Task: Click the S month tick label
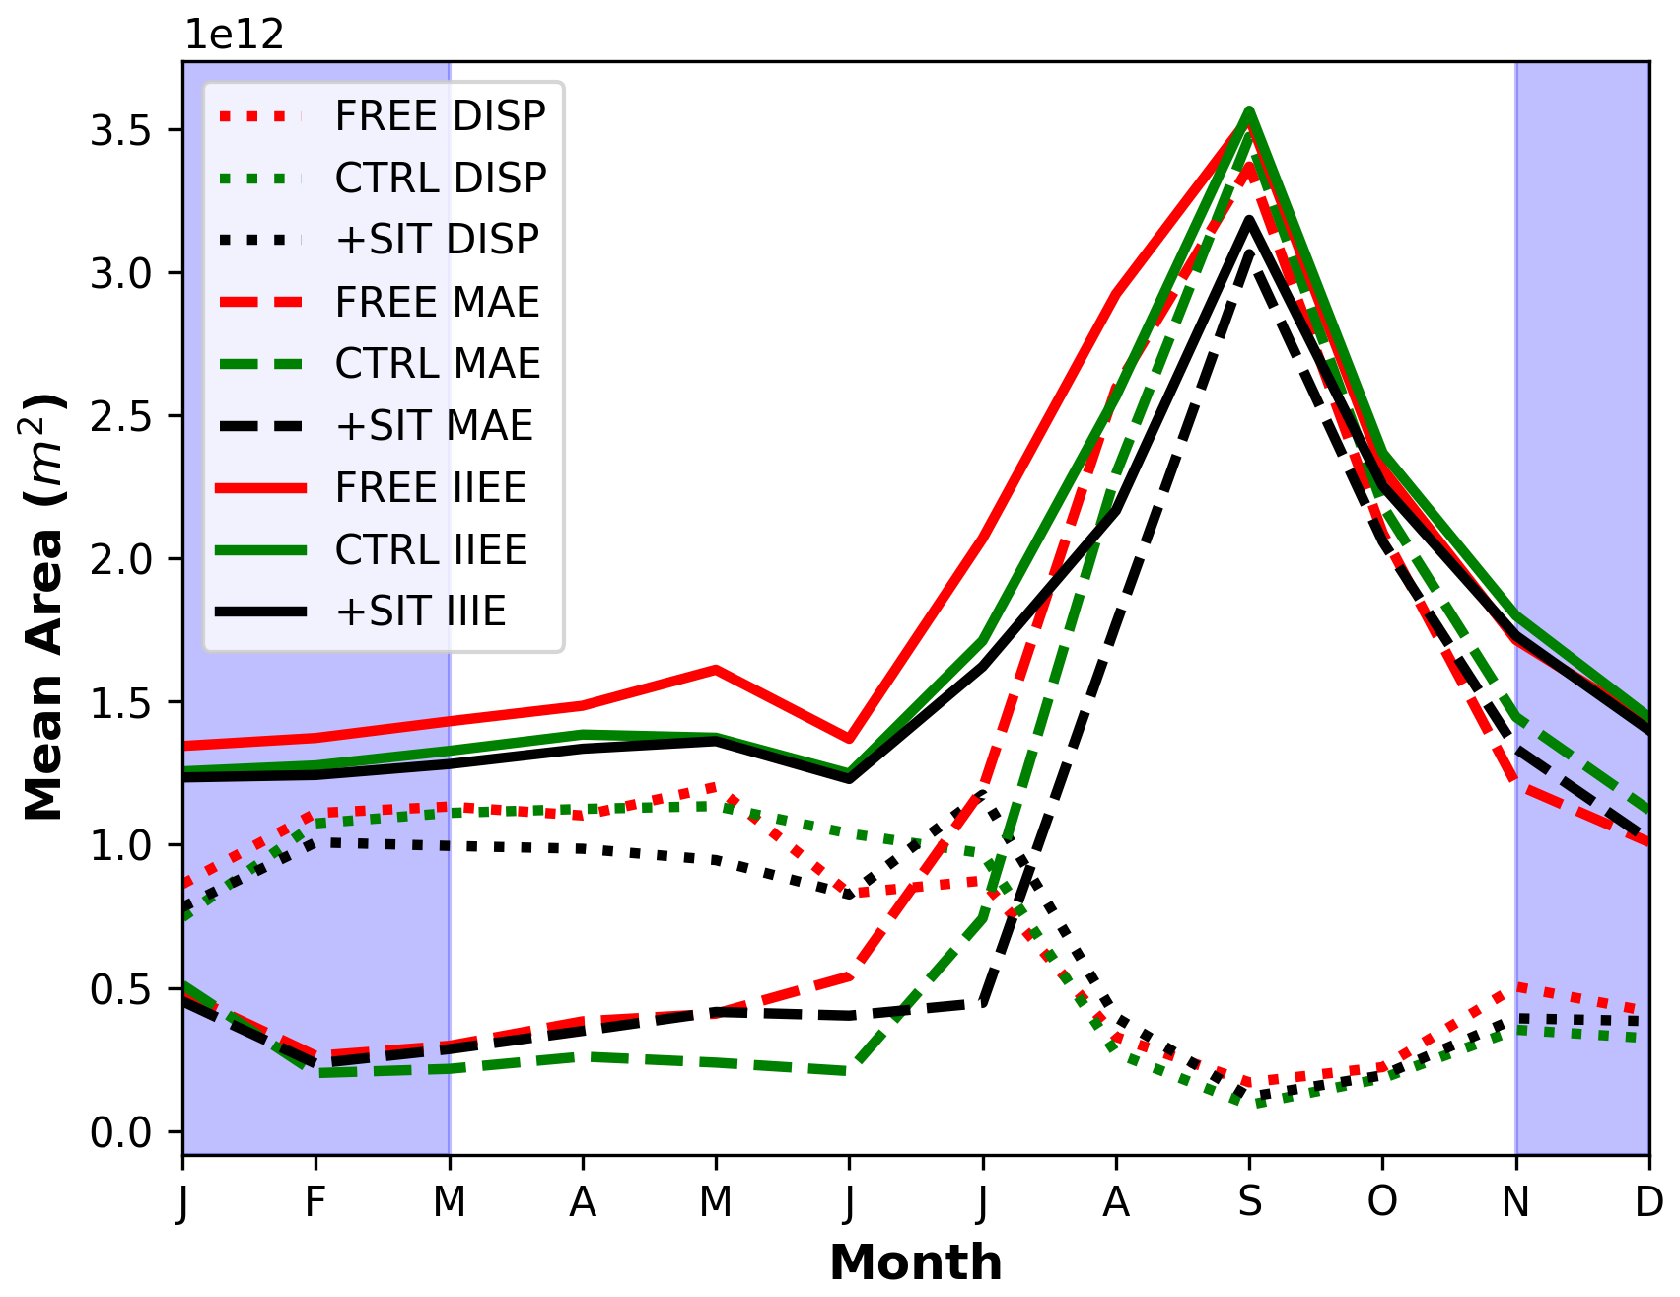click(1249, 1202)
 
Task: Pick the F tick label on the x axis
click(315, 1202)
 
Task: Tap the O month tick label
click(1382, 1202)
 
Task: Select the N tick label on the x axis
click(1515, 1202)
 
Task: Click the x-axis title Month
click(916, 1263)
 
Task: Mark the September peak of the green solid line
click(1249, 111)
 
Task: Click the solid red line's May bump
click(716, 670)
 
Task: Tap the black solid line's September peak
click(1249, 221)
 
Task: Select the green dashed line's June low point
click(849, 1070)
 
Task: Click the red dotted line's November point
click(1515, 986)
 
